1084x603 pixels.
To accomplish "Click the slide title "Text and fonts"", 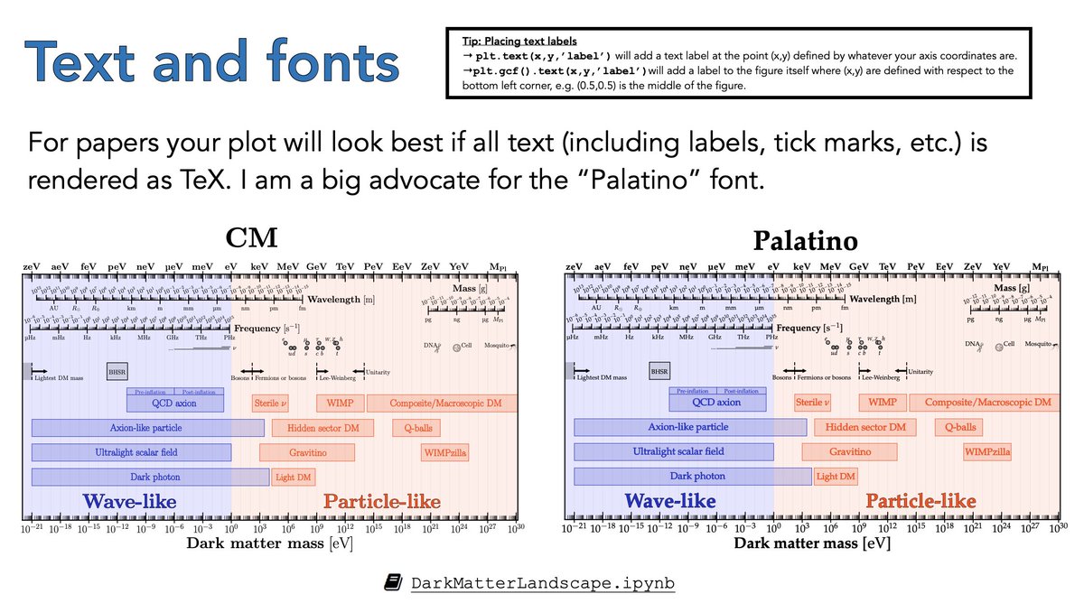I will coord(213,62).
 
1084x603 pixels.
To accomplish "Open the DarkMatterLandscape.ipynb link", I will coord(542,582).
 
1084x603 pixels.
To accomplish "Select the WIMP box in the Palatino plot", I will coord(883,403).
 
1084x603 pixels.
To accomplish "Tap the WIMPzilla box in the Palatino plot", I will coord(987,451).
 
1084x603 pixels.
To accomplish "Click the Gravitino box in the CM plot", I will coord(307,451).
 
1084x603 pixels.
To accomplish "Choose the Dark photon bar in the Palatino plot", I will coord(692,477).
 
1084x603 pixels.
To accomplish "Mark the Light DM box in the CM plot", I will coord(291,477).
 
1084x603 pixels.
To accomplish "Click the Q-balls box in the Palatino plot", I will coord(959,427).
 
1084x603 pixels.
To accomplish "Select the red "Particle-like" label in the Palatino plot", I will coord(920,501).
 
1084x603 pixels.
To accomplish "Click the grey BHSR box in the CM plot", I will coord(117,370).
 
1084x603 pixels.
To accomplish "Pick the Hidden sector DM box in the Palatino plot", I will coord(864,427).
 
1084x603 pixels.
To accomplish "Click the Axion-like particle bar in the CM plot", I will coord(146,427).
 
